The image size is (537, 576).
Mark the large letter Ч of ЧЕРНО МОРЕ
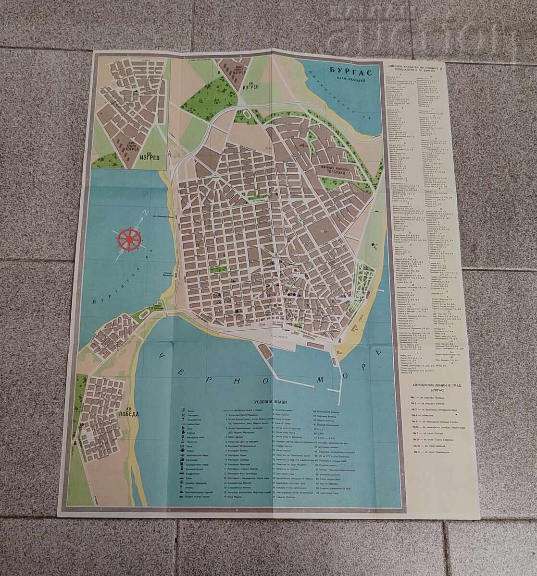click(163, 356)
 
